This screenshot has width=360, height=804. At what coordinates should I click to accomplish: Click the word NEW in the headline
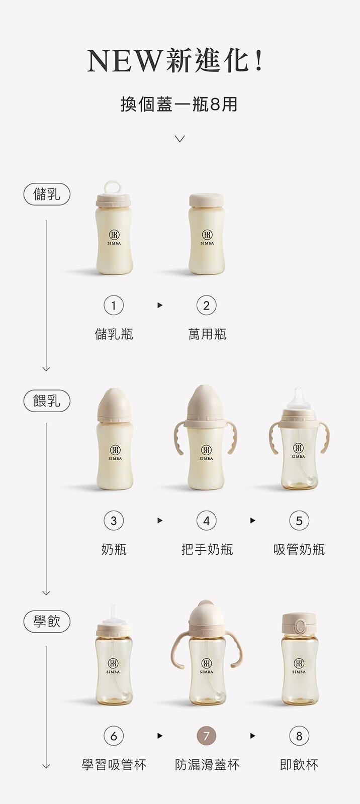[x=124, y=61]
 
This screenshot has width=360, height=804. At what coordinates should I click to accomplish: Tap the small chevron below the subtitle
[x=179, y=139]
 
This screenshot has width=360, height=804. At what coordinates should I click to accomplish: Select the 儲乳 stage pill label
[x=47, y=194]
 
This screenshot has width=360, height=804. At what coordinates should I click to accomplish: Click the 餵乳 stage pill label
[x=47, y=400]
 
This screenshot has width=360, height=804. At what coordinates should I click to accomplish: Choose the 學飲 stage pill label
[x=47, y=621]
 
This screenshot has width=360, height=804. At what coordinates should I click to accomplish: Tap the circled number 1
[x=114, y=306]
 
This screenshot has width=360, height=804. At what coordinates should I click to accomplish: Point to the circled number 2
[x=206, y=306]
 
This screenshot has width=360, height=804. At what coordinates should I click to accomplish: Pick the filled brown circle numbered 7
[x=206, y=736]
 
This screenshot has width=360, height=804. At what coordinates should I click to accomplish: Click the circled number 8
[x=299, y=736]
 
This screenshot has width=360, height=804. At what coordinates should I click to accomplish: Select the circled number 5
[x=299, y=521]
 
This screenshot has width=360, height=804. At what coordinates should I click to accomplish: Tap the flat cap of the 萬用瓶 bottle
[x=206, y=200]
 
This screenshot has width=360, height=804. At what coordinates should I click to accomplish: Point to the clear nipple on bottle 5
[x=298, y=398]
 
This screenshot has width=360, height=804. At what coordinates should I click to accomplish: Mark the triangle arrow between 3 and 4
[x=160, y=521]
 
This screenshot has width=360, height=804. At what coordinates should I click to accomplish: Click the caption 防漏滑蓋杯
[x=207, y=765]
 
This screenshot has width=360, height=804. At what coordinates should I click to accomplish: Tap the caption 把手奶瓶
[x=207, y=550]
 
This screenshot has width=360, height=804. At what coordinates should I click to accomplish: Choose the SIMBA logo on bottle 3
[x=115, y=453]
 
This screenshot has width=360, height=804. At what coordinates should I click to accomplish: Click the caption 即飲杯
[x=299, y=765]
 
